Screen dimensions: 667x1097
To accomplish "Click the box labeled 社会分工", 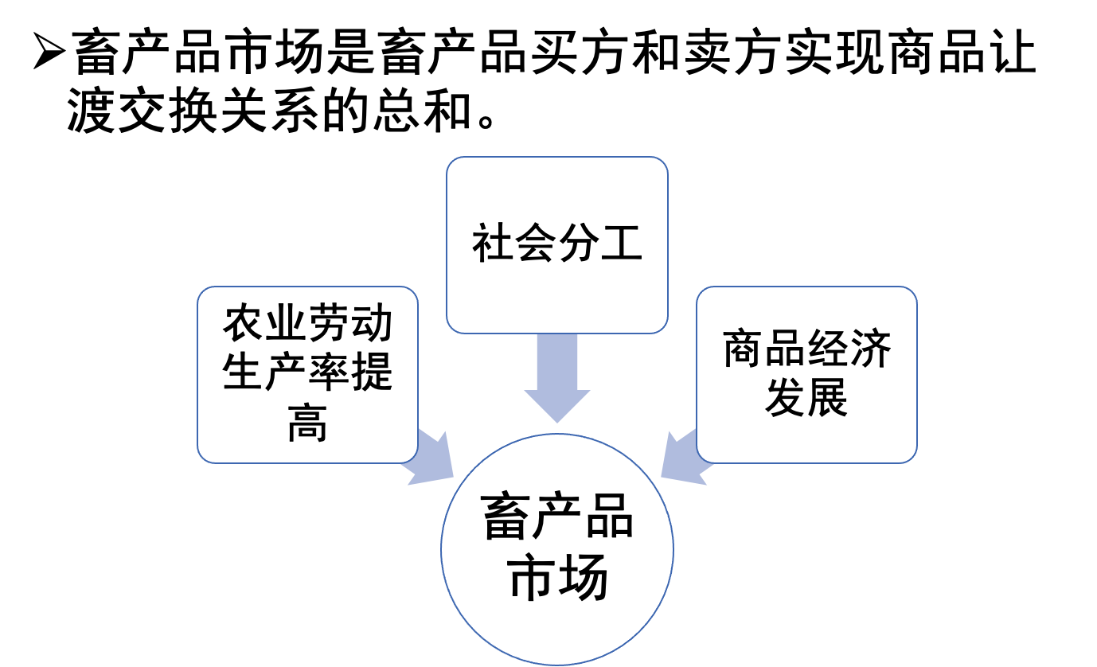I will [556, 199].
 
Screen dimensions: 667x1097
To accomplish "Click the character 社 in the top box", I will [493, 243].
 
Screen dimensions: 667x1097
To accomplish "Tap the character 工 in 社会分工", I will [622, 243].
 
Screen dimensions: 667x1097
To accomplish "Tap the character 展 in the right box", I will [828, 398].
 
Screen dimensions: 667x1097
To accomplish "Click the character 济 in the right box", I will [871, 349].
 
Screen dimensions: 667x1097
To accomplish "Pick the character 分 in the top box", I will [579, 243].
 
